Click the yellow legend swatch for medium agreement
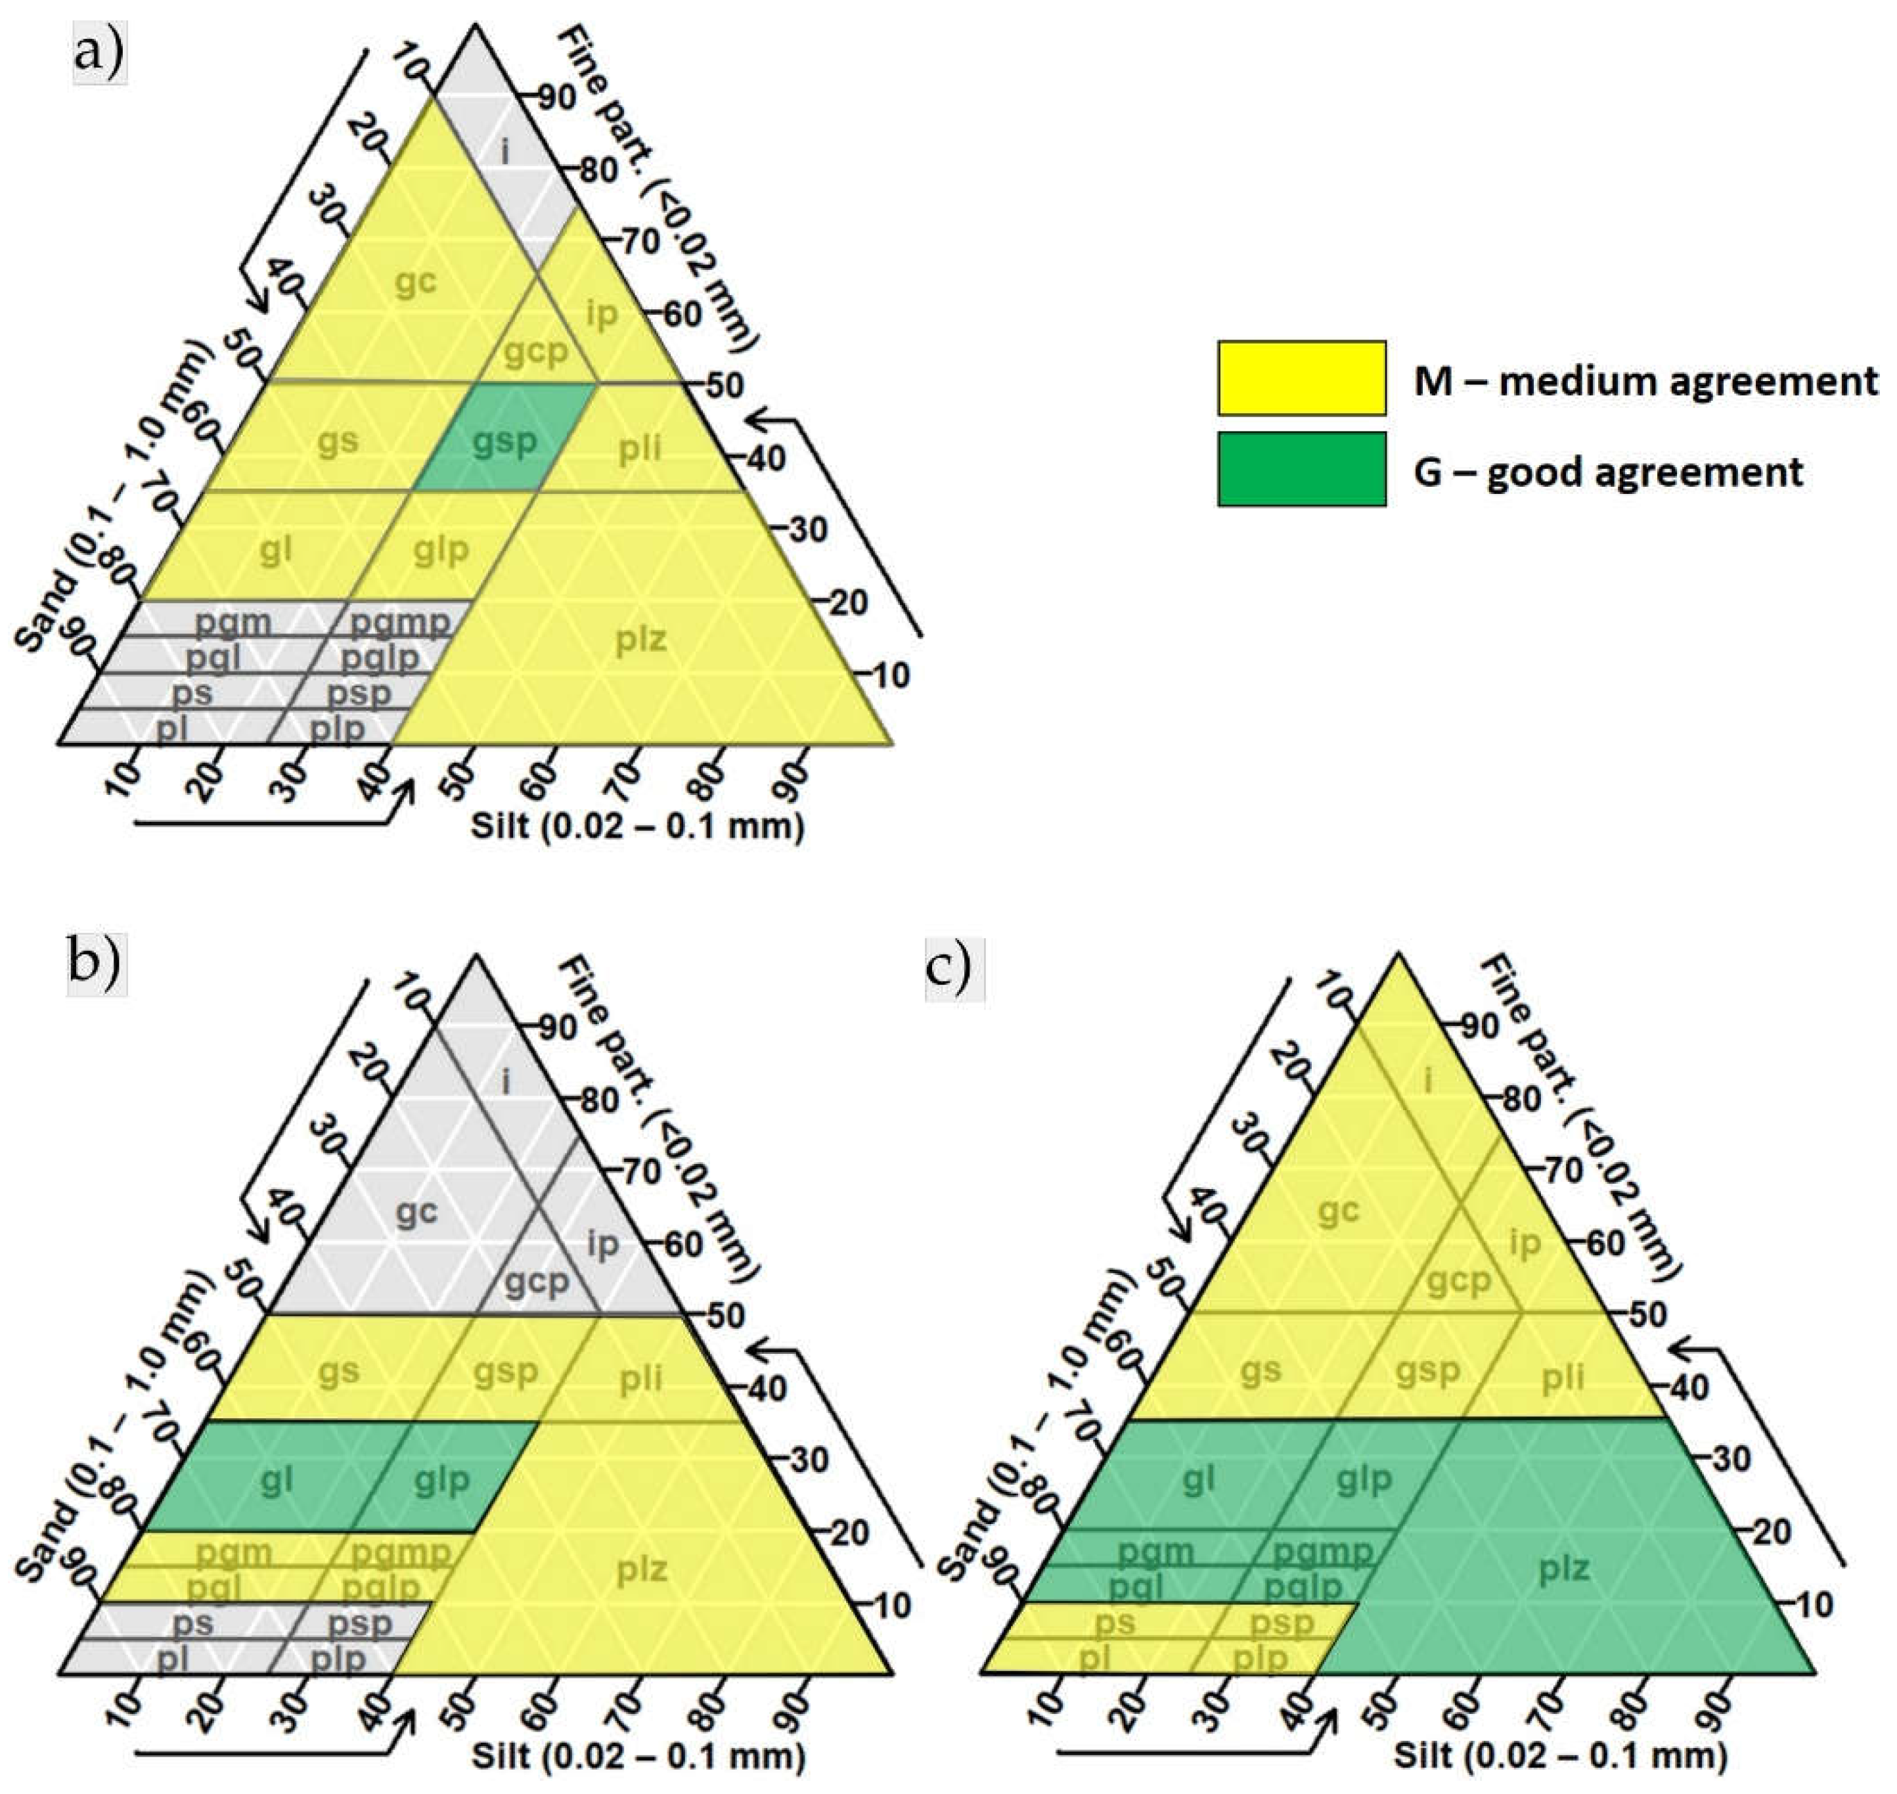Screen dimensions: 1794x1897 click(1301, 378)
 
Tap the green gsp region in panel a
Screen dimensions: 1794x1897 click(505, 441)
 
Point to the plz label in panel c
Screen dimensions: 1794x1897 click(1564, 1568)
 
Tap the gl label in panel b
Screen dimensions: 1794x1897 click(277, 1481)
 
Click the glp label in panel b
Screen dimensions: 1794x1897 click(442, 1481)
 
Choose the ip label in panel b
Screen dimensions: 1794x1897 click(602, 1244)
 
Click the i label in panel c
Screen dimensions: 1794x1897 click(1429, 1081)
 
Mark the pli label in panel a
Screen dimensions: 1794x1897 click(640, 447)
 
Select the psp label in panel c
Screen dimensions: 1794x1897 click(1282, 1623)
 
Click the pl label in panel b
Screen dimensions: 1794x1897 click(172, 1660)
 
